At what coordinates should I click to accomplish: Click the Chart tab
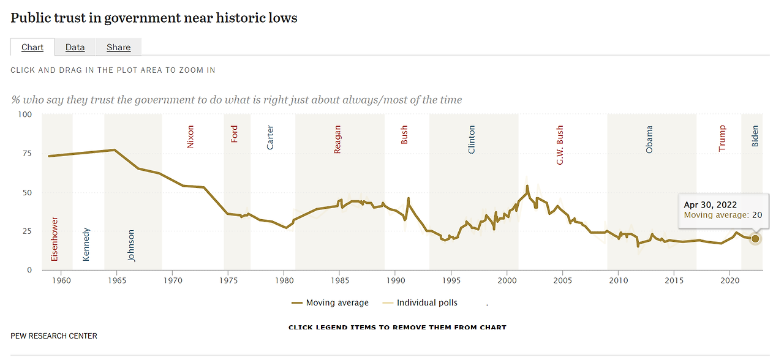click(x=32, y=47)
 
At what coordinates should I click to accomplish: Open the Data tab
click(x=75, y=47)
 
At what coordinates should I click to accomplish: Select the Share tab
click(x=118, y=47)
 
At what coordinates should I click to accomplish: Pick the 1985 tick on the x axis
click(x=340, y=280)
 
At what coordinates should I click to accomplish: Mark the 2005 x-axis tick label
click(x=562, y=280)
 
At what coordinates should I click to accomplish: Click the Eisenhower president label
click(x=55, y=239)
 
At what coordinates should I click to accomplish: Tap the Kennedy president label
click(x=86, y=244)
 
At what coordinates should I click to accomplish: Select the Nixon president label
click(x=190, y=137)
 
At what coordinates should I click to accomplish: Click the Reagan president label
click(x=337, y=140)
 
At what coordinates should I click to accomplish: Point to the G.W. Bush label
click(x=560, y=145)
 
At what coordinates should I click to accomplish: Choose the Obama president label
click(x=649, y=140)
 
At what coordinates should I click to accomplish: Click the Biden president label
click(x=755, y=136)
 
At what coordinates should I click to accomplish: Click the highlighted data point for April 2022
click(x=755, y=239)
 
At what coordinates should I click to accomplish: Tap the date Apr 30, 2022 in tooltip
click(x=710, y=204)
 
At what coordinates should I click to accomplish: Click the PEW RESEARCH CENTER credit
click(x=54, y=336)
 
